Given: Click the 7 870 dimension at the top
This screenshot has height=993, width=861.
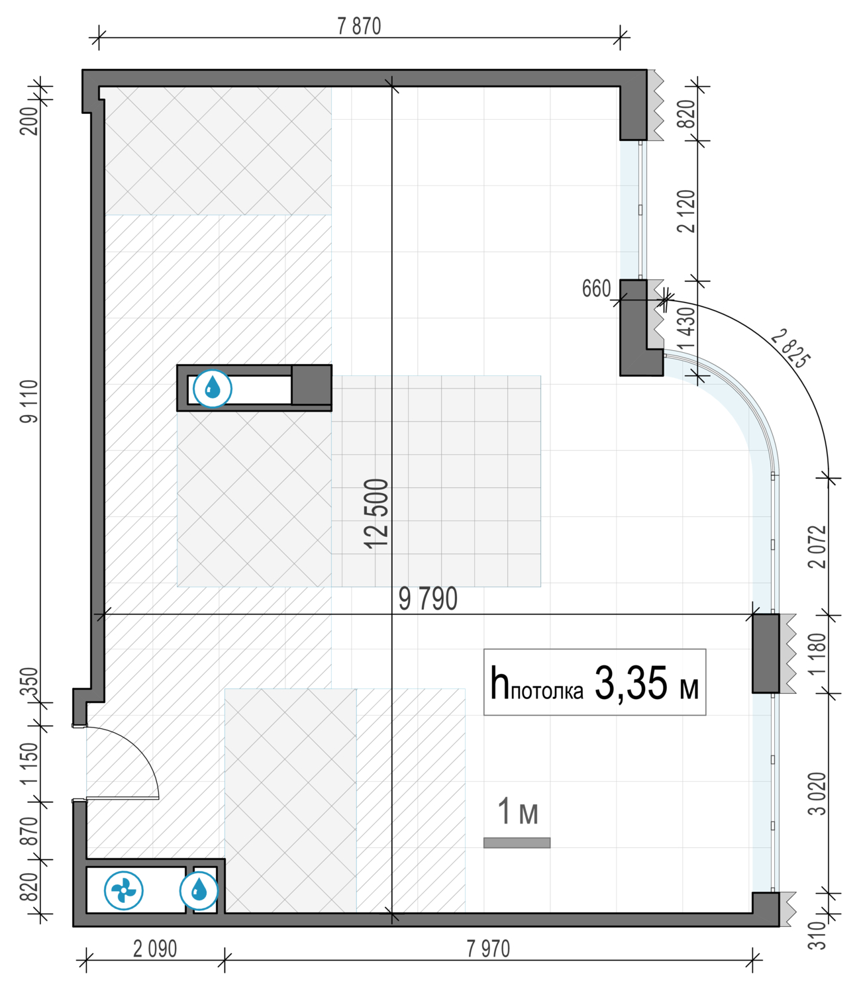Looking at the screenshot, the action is [x=359, y=26].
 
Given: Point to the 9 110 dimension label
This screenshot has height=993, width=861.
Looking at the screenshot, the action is [x=29, y=402].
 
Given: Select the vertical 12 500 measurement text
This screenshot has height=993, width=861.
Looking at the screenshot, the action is [x=376, y=514].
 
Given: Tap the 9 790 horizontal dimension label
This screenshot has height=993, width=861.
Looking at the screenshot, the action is [x=428, y=599].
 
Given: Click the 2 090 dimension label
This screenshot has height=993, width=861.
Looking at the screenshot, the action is [x=155, y=949].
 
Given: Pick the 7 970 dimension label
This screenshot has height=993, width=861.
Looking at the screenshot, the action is [x=488, y=949].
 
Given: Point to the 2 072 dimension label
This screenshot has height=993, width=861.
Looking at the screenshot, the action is [x=817, y=547].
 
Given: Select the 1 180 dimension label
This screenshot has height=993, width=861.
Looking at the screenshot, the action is [x=817, y=654].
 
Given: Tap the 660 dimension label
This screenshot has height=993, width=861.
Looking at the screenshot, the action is [x=596, y=289].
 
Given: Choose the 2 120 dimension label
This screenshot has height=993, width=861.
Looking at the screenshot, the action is [x=687, y=211].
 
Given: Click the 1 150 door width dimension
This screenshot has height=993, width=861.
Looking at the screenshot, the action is [x=29, y=763].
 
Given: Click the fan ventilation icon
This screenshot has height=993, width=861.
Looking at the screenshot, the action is [x=124, y=890].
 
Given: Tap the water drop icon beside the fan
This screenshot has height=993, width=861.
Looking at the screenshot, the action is [x=199, y=890].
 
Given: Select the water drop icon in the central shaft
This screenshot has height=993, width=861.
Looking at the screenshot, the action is [x=213, y=389].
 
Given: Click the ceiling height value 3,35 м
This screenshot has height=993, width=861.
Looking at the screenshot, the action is [x=646, y=684].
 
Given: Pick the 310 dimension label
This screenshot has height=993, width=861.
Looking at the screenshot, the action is [x=817, y=935].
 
